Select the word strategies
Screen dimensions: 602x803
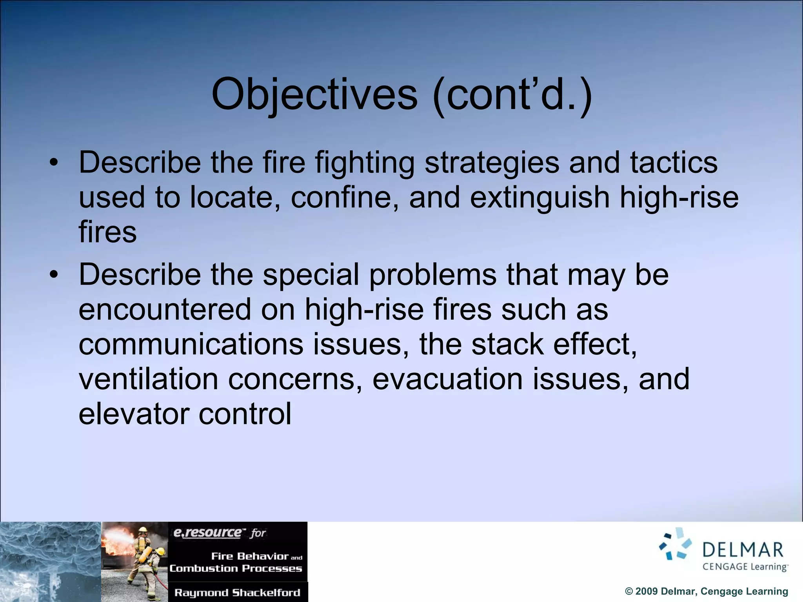click(x=492, y=162)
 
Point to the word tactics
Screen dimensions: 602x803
click(x=674, y=162)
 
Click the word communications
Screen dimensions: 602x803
click(x=191, y=344)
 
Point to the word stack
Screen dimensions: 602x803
click(x=507, y=344)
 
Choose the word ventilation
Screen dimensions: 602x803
click(x=148, y=379)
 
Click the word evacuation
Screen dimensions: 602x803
click(x=447, y=379)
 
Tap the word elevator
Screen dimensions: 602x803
click(x=134, y=414)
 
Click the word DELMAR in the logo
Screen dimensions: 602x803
click(x=743, y=550)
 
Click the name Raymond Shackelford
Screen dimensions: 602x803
click(x=237, y=593)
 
